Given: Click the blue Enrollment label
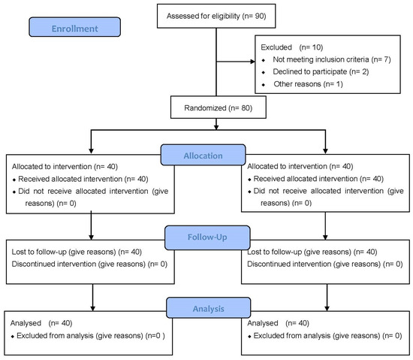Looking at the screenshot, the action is coord(75,27).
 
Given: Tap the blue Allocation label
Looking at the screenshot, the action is coord(203,155).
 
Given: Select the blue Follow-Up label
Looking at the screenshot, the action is coord(207,237).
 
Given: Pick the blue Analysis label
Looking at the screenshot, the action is coord(208,308).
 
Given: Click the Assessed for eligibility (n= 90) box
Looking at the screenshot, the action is coord(216,16).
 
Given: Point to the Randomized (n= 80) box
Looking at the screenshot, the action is coord(219,107).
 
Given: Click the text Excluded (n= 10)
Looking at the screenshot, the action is coord(292,47).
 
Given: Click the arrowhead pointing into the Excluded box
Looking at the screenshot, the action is coord(253,62).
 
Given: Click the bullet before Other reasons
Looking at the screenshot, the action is coord(264,85).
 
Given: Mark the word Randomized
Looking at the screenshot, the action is coord(205,107).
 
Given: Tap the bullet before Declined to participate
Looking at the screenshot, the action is coord(264,72).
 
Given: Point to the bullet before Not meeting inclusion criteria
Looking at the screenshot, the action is coord(264,60).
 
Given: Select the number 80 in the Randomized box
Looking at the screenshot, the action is coord(246,107).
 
